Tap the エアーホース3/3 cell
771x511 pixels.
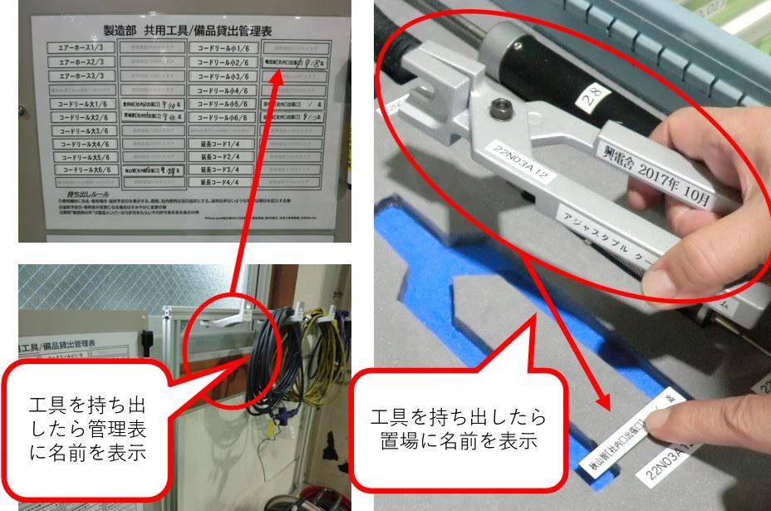pyautogui.click(x=81, y=76)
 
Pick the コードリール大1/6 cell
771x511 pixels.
pyautogui.click(x=81, y=105)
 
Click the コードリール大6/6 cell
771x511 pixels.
pyautogui.click(x=81, y=170)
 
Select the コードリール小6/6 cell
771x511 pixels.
pyautogui.click(x=223, y=118)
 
